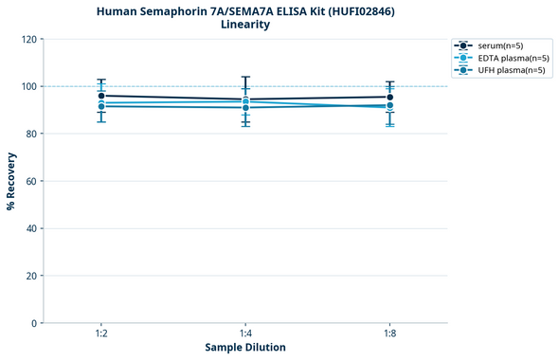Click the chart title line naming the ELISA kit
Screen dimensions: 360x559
pos(245,11)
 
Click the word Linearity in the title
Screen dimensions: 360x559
pos(245,25)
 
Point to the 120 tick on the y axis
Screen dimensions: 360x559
pos(27,40)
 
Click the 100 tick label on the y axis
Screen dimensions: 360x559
pos(27,87)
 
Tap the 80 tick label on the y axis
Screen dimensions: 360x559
pos(30,135)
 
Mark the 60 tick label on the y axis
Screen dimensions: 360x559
pos(30,181)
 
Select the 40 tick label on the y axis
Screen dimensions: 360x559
pos(30,228)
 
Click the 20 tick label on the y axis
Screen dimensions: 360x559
pos(30,276)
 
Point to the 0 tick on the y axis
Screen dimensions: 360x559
pos(33,323)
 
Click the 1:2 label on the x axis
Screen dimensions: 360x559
pos(101,334)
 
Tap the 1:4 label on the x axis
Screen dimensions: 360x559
pos(245,334)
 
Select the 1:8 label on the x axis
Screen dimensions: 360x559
pos(389,334)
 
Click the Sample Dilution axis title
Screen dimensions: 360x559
pos(245,348)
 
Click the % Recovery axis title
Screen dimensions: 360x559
pos(11,181)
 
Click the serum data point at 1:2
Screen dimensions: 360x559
pos(101,96)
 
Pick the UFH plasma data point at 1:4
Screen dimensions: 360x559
pos(245,108)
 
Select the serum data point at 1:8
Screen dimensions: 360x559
pos(389,97)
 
